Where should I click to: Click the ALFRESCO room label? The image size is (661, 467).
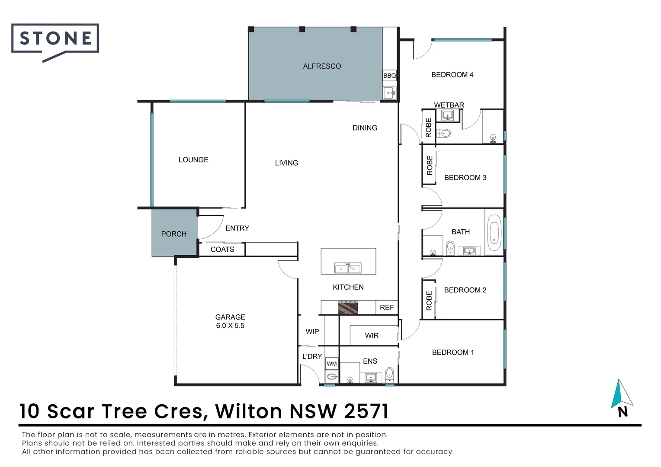click(x=322, y=66)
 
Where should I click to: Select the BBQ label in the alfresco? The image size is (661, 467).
click(x=389, y=76)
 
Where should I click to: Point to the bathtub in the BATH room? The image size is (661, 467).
click(x=494, y=233)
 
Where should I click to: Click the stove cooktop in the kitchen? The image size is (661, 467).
click(x=348, y=308)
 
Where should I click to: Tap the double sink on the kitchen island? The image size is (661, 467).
click(x=348, y=268)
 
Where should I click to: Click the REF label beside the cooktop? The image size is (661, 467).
click(x=387, y=307)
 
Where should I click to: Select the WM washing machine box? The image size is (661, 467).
click(x=331, y=364)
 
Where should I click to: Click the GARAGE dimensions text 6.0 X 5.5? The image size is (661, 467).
click(x=230, y=326)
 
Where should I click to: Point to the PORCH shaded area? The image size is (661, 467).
click(x=174, y=233)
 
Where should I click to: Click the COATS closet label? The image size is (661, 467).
click(x=222, y=249)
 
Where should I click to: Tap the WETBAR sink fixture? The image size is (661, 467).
click(x=447, y=115)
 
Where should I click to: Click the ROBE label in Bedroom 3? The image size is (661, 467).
click(x=430, y=165)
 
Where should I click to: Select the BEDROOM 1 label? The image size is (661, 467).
click(x=453, y=352)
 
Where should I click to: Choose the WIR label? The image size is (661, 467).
click(x=372, y=336)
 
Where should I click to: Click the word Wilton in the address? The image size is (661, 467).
click(x=248, y=411)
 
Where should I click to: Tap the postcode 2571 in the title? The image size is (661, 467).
click(x=366, y=411)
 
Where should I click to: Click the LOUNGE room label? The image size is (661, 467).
click(x=193, y=160)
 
